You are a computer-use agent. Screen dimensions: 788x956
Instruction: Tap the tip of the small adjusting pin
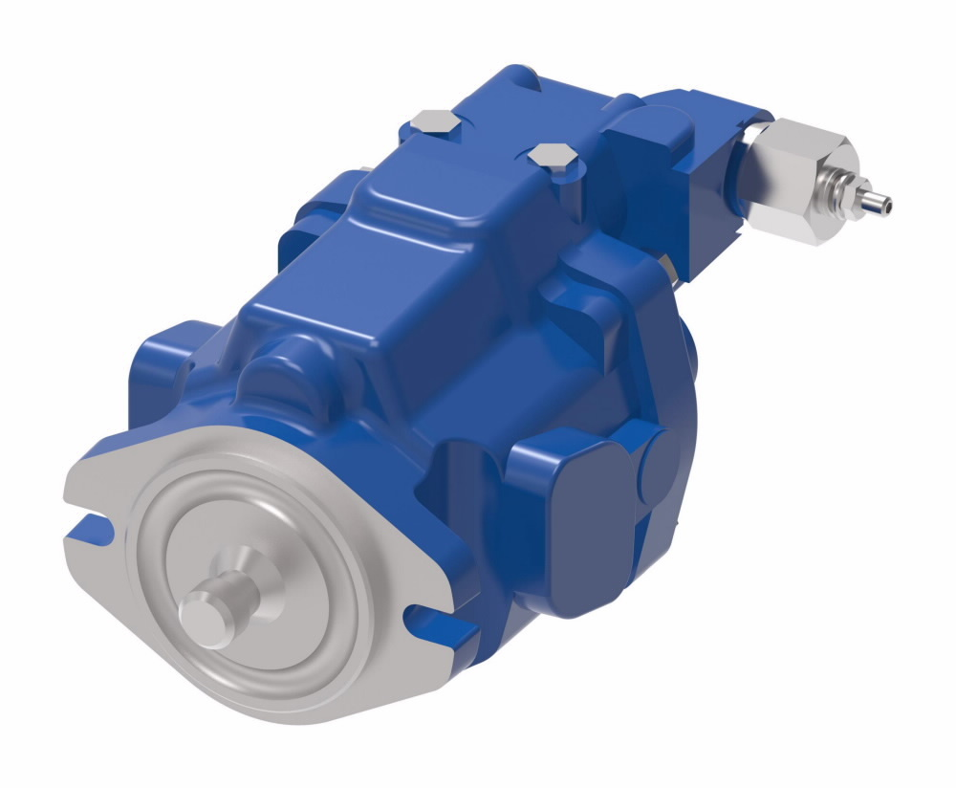click(x=885, y=203)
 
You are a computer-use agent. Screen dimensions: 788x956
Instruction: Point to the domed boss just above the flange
click(x=287, y=368)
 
